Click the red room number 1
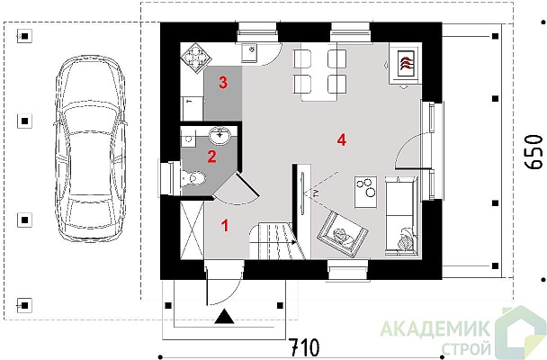coord(225,225)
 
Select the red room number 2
coord(211,157)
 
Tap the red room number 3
coord(223,83)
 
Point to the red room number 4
coord(342,139)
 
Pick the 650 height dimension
coord(534,152)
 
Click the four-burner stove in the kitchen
coord(196,56)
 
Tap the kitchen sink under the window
coord(249,53)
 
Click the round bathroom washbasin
coord(220,135)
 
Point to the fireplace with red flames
coord(406,63)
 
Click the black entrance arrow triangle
coord(224,317)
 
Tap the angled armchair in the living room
coord(343,233)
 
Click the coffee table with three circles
coord(365,192)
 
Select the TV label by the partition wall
coord(317,194)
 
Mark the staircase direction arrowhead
coord(293,242)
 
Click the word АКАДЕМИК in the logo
coord(435,329)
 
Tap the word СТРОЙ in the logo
coord(466,348)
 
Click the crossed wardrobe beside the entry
coord(192,229)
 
